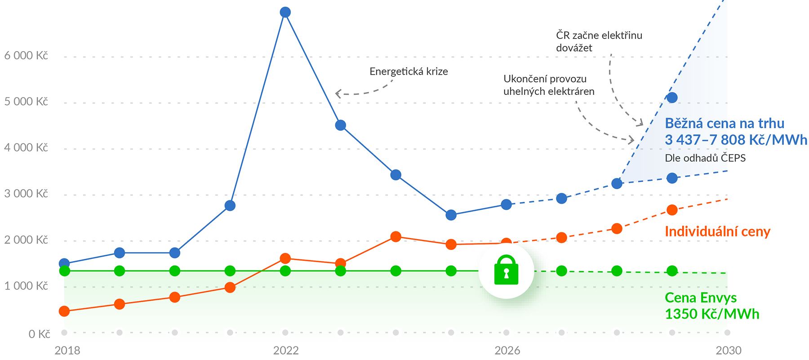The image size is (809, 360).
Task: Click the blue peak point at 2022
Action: pos(285,12)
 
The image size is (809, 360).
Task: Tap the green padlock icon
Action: pos(506,271)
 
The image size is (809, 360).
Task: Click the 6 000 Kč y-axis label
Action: pos(26,56)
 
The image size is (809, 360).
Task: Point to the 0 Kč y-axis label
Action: pos(39,334)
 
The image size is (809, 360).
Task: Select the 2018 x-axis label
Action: pos(67,351)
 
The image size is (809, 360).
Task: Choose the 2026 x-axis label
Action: pos(507,351)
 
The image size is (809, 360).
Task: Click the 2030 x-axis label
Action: pos(728,351)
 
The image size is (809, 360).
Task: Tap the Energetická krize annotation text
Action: pos(409,71)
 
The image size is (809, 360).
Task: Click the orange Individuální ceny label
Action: pos(717,231)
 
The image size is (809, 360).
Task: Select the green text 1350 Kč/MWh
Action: pos(712,314)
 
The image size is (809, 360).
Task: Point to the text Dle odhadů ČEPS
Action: pos(705,158)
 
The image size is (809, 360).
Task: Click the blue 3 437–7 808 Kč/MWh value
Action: pos(736,140)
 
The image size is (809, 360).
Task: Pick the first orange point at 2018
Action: pos(64,311)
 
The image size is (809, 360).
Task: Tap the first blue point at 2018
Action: pos(64,263)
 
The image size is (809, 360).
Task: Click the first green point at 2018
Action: pos(64,271)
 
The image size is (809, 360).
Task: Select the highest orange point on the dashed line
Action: pos(672,210)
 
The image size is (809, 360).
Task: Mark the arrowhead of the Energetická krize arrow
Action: pos(337,94)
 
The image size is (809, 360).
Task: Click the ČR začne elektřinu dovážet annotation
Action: pos(599,41)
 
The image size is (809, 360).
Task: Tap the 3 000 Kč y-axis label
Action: pos(26,194)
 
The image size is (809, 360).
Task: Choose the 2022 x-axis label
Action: pos(286,351)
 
